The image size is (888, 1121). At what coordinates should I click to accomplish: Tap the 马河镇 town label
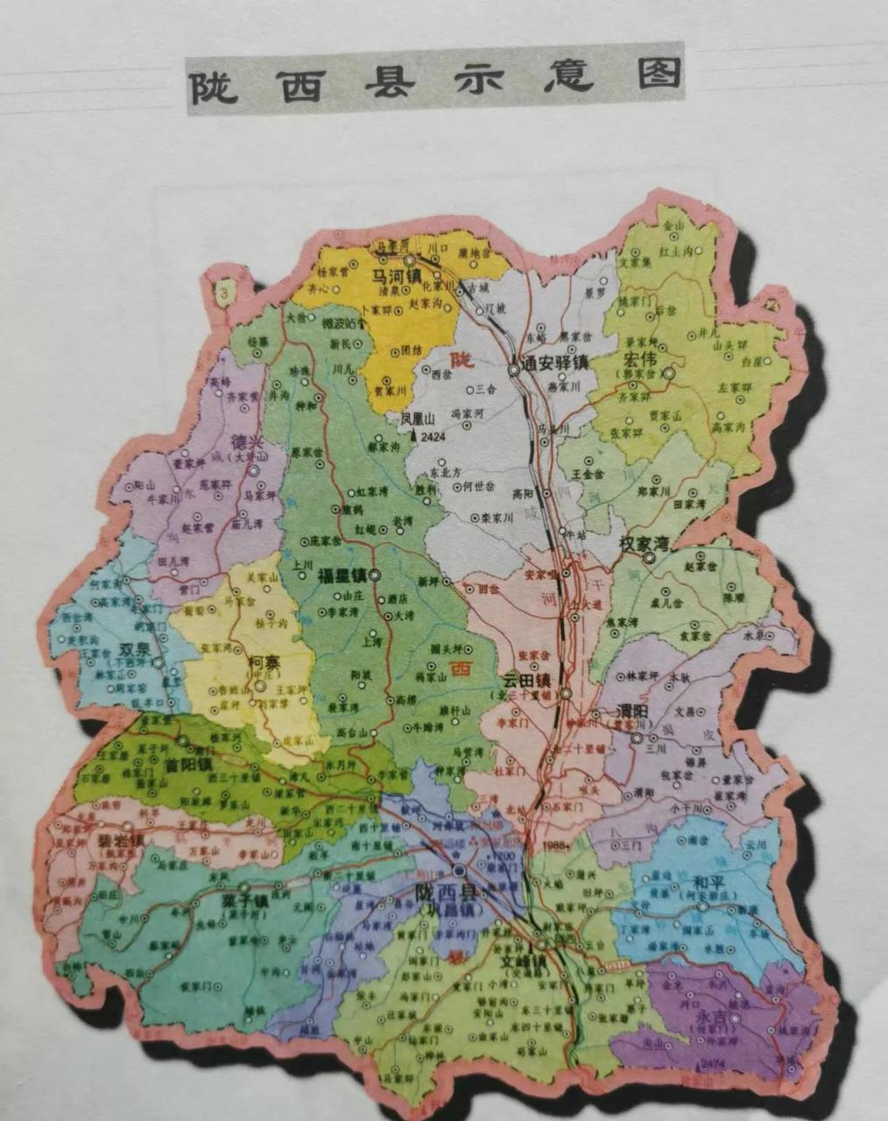395,275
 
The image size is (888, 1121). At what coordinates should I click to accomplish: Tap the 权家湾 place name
644,543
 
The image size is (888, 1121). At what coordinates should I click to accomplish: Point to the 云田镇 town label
525,680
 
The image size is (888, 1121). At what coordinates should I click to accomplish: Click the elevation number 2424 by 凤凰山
433,436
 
